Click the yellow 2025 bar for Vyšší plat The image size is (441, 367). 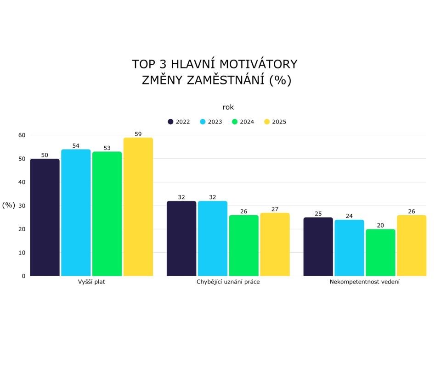pyautogui.click(x=138, y=207)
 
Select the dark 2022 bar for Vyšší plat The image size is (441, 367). pyautogui.click(x=45, y=217)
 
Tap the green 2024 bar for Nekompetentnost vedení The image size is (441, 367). pyautogui.click(x=380, y=252)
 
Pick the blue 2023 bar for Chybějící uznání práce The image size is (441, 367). pyautogui.click(x=213, y=239)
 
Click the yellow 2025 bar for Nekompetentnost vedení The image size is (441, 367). pyautogui.click(x=412, y=245)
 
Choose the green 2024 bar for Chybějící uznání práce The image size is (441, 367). pyautogui.click(x=244, y=245)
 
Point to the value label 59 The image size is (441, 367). pyautogui.click(x=138, y=134)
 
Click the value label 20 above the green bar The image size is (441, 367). pyautogui.click(x=380, y=225)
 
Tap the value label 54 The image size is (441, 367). pyautogui.click(x=76, y=146)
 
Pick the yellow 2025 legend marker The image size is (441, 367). pyautogui.click(x=267, y=122)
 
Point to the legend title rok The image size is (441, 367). pyautogui.click(x=228, y=107)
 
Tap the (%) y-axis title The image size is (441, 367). pyautogui.click(x=9, y=205)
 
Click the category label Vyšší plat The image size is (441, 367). pyautogui.click(x=91, y=282)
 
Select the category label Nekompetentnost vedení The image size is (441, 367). pyautogui.click(x=365, y=282)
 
